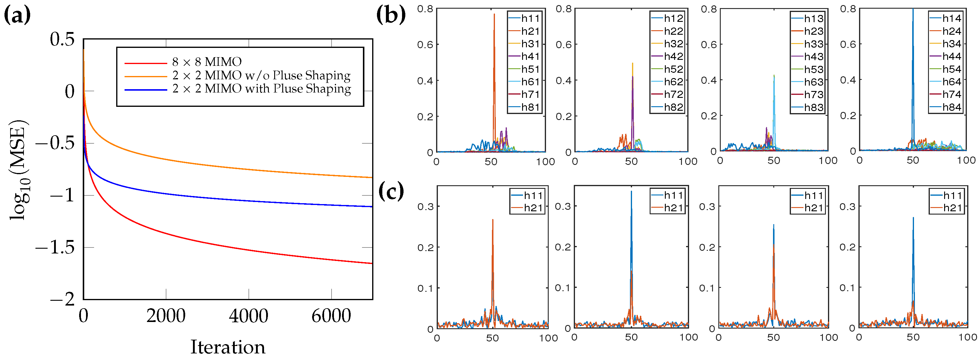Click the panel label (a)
[x=17, y=16]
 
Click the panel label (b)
[x=391, y=15]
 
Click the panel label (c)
[x=391, y=192]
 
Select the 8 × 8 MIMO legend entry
[x=207, y=62]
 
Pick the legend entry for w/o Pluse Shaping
[x=261, y=75]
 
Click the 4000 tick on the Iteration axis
[x=249, y=316]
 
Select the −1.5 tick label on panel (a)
[x=56, y=247]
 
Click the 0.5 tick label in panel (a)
[x=62, y=40]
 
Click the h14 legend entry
[x=951, y=18]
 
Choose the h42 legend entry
[x=673, y=56]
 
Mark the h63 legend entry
[x=813, y=82]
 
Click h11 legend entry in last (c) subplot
[x=952, y=195]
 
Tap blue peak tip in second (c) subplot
[x=631, y=192]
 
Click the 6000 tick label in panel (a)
[x=331, y=316]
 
